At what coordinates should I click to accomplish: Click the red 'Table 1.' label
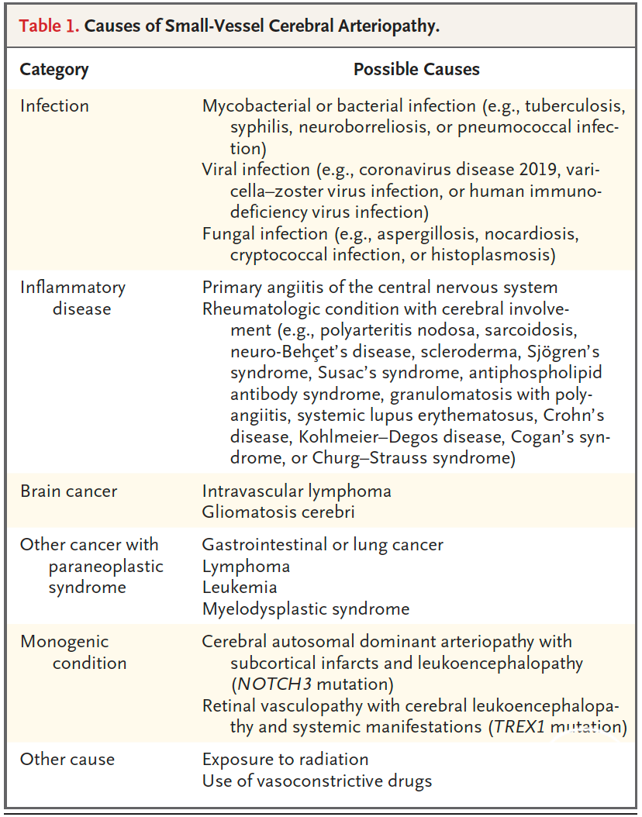coord(49,25)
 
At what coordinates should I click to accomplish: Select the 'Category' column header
coord(54,69)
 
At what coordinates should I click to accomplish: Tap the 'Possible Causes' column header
coord(416,69)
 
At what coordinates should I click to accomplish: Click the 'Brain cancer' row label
coord(69,491)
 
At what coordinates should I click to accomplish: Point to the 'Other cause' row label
coord(67,758)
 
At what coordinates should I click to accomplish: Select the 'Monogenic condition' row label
coord(74,652)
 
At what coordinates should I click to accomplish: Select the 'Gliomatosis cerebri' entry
coord(279,512)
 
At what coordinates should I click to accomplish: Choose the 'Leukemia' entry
coord(240,587)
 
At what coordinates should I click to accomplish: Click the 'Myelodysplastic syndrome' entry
coord(305,608)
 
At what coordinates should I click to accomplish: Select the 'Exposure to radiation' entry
coord(285,758)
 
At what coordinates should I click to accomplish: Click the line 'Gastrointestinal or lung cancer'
coord(323,544)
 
